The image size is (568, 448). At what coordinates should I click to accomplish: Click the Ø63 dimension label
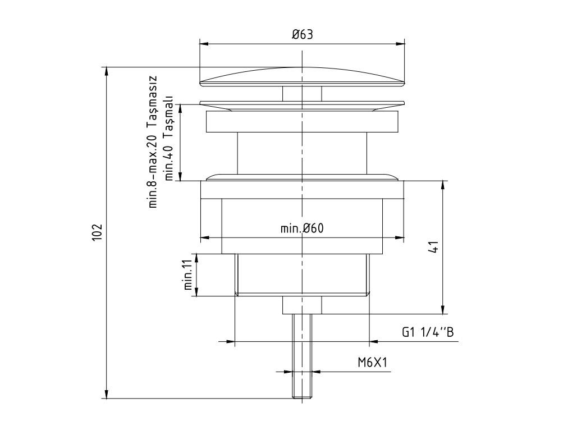click(x=302, y=35)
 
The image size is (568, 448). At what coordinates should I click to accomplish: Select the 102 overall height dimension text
click(x=97, y=232)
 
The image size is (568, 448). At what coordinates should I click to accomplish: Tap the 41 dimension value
click(x=433, y=248)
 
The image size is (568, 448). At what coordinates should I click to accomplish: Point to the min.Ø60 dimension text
click(x=302, y=228)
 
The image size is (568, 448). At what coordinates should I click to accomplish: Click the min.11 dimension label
click(x=189, y=275)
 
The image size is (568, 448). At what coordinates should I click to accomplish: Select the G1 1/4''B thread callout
click(x=427, y=332)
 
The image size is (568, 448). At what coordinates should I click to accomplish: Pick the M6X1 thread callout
click(x=373, y=363)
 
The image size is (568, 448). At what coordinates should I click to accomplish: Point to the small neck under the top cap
click(x=302, y=94)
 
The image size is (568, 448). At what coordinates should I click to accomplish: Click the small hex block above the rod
click(x=302, y=305)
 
